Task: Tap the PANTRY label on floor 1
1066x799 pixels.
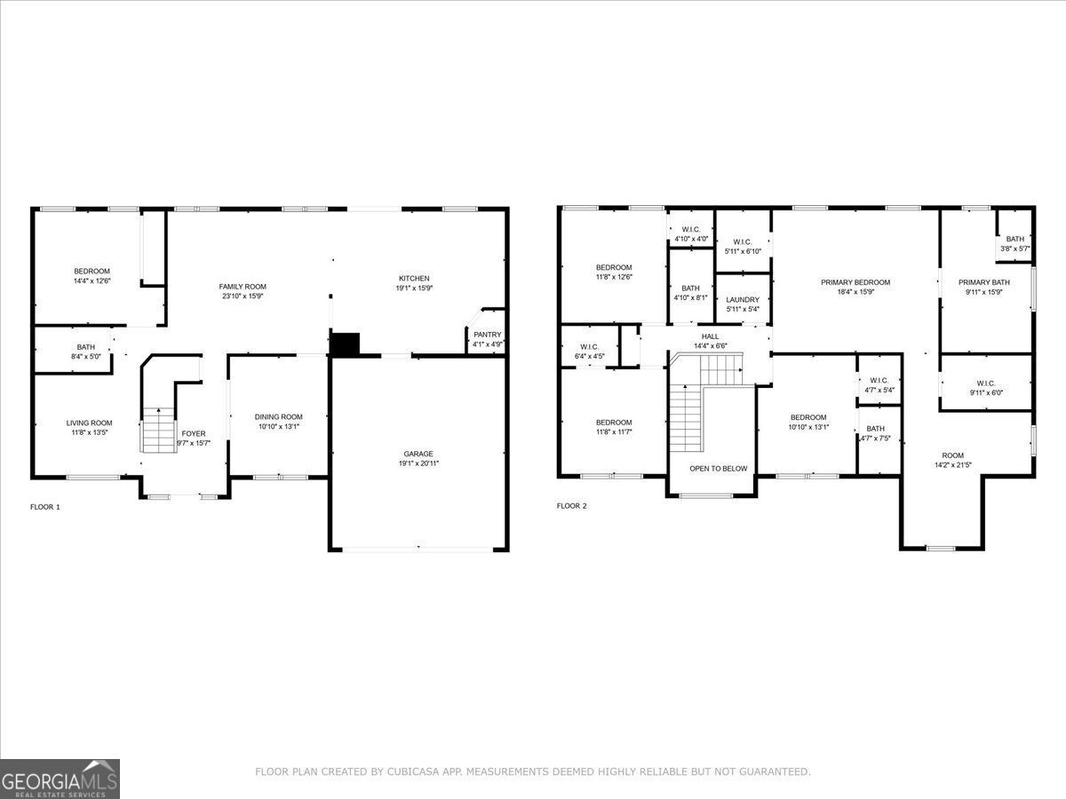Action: pyautogui.click(x=488, y=335)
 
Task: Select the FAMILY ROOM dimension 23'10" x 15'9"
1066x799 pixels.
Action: pyautogui.click(x=243, y=297)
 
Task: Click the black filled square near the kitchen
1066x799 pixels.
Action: pyautogui.click(x=345, y=344)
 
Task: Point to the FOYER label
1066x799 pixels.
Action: pyautogui.click(x=194, y=433)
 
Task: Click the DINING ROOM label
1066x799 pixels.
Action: pyautogui.click(x=278, y=416)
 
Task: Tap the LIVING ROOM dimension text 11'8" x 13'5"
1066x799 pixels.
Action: pyautogui.click(x=89, y=432)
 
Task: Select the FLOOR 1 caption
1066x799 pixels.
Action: pyautogui.click(x=45, y=507)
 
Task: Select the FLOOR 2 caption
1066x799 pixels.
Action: pyautogui.click(x=572, y=506)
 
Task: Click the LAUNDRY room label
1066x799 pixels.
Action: pyautogui.click(x=743, y=300)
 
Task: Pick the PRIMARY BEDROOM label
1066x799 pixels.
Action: pyautogui.click(x=855, y=282)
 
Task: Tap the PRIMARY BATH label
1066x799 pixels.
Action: pyautogui.click(x=984, y=282)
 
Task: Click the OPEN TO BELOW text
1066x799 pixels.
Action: pyautogui.click(x=719, y=468)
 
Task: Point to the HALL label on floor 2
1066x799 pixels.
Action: pyautogui.click(x=710, y=336)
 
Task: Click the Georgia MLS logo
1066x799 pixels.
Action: pyautogui.click(x=60, y=779)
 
